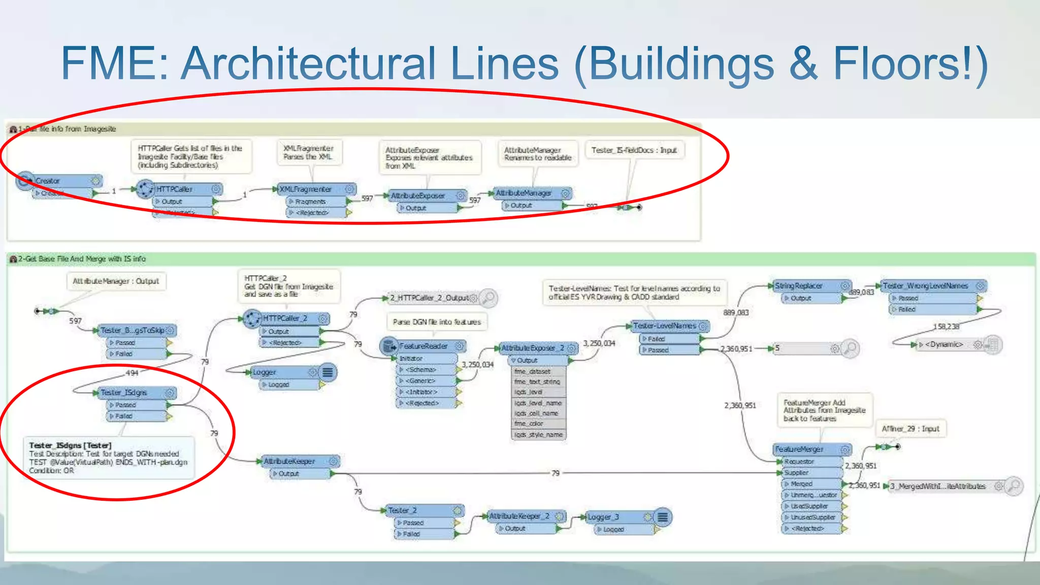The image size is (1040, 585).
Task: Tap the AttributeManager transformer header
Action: click(x=528, y=193)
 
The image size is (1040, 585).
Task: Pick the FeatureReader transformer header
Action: click(x=424, y=346)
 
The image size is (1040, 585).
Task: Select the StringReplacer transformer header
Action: click(x=804, y=286)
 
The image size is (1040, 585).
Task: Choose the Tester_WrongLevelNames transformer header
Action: click(x=929, y=286)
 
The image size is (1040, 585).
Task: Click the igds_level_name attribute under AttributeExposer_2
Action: click(x=538, y=403)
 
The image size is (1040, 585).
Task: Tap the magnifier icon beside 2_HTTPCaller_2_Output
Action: click(x=489, y=298)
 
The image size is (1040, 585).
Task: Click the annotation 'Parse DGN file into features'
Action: click(x=437, y=322)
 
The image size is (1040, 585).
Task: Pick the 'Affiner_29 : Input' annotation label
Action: click(x=911, y=429)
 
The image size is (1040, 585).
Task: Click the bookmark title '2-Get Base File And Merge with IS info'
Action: click(x=82, y=259)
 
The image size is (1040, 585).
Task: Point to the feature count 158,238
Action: click(x=946, y=327)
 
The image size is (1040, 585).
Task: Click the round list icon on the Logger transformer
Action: click(x=328, y=372)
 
